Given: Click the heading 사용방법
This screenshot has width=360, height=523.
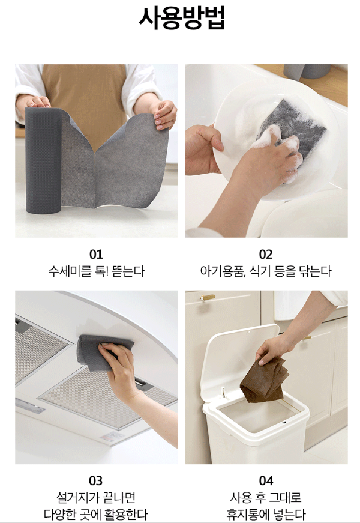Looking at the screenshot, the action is click(x=182, y=18).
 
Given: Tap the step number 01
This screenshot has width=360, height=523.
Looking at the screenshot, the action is click(x=96, y=255).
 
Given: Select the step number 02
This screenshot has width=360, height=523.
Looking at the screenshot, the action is click(x=266, y=255).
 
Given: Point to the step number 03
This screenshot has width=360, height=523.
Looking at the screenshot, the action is click(x=96, y=480).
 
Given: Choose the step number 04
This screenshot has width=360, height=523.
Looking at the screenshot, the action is click(x=266, y=480).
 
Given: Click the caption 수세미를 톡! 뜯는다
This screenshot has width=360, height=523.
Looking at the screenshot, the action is click(x=96, y=271).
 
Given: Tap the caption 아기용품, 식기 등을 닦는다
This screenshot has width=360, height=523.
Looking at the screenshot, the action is click(x=266, y=271).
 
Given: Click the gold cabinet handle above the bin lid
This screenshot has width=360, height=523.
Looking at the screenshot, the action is click(x=208, y=297).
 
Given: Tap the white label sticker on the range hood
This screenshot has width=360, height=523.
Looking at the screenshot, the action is click(x=112, y=437).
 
